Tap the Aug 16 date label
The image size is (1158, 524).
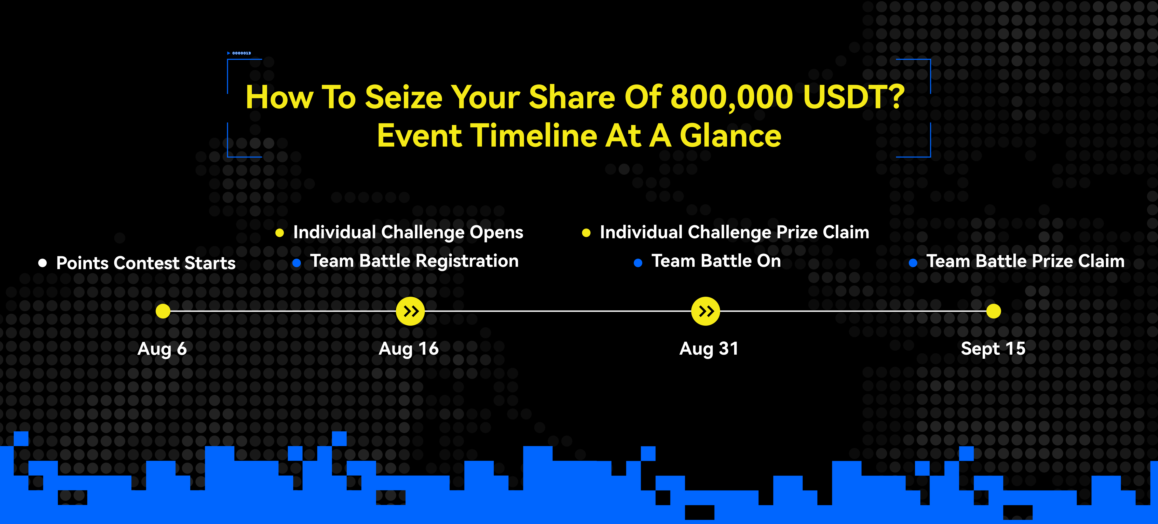pyautogui.click(x=409, y=349)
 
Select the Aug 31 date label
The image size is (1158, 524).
pyautogui.click(x=709, y=349)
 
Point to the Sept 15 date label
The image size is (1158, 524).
pyautogui.click(x=993, y=349)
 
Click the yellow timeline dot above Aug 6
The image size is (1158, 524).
pyautogui.click(x=163, y=311)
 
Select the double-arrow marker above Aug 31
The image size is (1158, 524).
pyautogui.click(x=705, y=311)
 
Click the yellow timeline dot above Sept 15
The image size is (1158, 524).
pyautogui.click(x=993, y=311)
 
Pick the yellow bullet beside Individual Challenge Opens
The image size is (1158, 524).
pyautogui.click(x=280, y=233)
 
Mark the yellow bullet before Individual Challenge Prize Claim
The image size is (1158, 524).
pyautogui.click(x=586, y=233)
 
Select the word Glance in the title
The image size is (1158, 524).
pyautogui.click(x=731, y=136)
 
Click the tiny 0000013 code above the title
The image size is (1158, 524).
pyautogui.click(x=241, y=53)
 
